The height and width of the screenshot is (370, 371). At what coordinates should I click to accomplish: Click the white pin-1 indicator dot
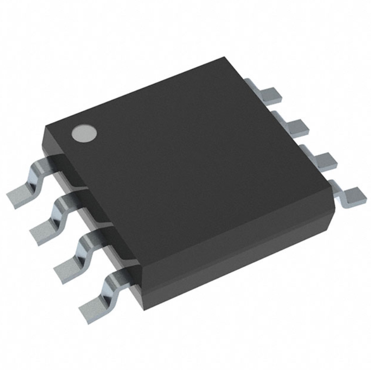click(84, 133)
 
